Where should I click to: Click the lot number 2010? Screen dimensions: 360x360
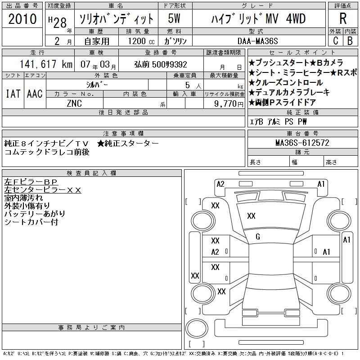[x=22, y=19]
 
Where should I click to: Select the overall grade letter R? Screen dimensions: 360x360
[x=343, y=18]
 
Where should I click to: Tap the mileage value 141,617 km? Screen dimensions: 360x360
[x=46, y=64]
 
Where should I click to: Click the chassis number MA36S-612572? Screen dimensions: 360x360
[x=302, y=143]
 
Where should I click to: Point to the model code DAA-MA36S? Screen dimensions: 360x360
[x=257, y=41]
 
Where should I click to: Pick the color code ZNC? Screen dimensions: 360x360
[x=74, y=103]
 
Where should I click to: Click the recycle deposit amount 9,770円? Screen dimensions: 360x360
[x=229, y=104]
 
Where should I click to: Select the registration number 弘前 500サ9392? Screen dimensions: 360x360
[x=161, y=64]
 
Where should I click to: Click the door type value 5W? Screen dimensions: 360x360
[x=174, y=18]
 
